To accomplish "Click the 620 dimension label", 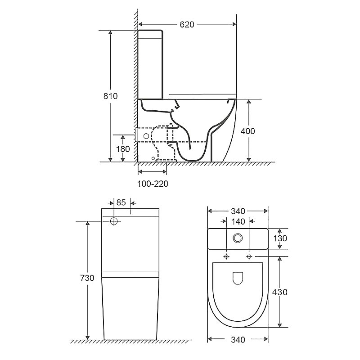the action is (x=187, y=24).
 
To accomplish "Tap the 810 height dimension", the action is (x=110, y=96).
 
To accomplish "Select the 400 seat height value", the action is (x=248, y=131).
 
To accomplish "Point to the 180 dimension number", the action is (x=123, y=149).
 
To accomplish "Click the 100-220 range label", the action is (x=153, y=184).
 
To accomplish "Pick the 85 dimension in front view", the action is (x=121, y=202).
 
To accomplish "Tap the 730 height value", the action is (x=87, y=278).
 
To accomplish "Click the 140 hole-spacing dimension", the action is (x=238, y=221).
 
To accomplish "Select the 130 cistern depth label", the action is (x=280, y=238).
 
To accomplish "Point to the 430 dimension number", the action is (x=279, y=292).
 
